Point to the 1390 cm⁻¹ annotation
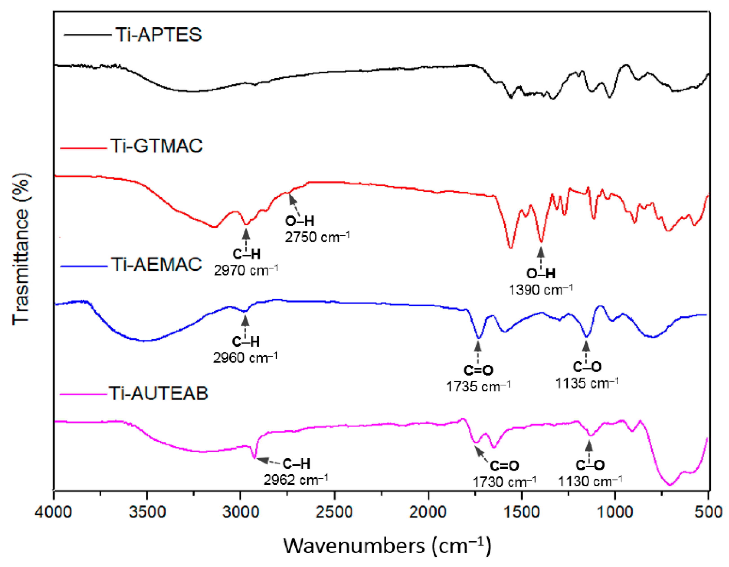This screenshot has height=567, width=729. click(x=541, y=290)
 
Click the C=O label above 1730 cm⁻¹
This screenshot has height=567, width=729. click(x=504, y=466)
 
